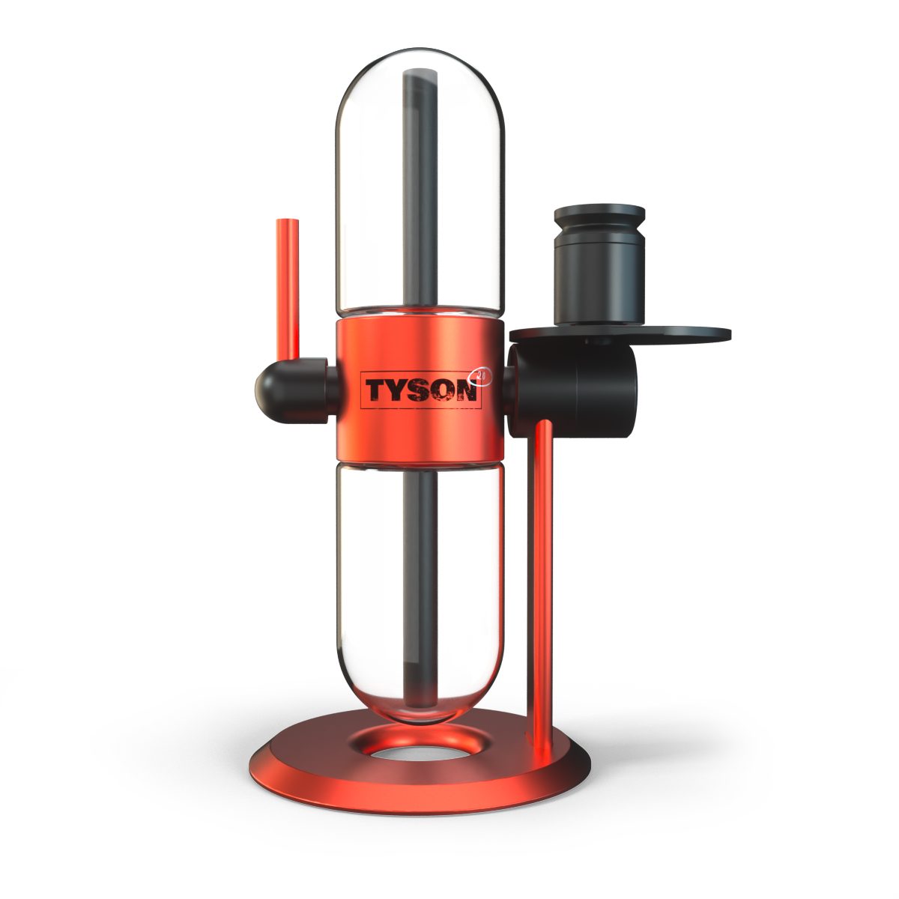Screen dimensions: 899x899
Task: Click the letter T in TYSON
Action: (376, 391)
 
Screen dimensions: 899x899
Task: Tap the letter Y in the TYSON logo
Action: (399, 391)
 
